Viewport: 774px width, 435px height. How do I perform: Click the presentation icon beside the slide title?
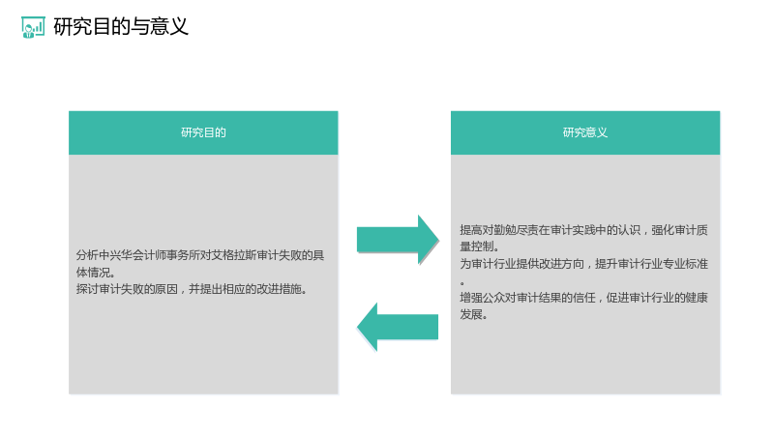pyautogui.click(x=33, y=27)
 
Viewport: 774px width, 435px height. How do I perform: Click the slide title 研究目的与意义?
pyautogui.click(x=121, y=27)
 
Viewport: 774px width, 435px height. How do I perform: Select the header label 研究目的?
pyautogui.click(x=203, y=132)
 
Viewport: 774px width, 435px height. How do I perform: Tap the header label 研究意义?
pyautogui.click(x=585, y=132)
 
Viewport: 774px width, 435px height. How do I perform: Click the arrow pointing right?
pyautogui.click(x=398, y=240)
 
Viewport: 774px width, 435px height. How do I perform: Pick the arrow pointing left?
pyautogui.click(x=398, y=327)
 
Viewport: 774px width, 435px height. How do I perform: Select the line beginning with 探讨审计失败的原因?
pyautogui.click(x=193, y=289)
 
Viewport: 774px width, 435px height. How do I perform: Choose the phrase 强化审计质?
pyautogui.click(x=679, y=230)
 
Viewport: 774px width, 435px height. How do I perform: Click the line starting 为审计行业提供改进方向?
pyautogui.click(x=584, y=264)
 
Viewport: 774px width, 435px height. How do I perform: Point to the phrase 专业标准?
pyautogui.click(x=685, y=264)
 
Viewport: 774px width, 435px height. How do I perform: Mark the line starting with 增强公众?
pyautogui.click(x=584, y=298)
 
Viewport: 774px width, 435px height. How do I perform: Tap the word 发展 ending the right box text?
pyautogui.click(x=471, y=314)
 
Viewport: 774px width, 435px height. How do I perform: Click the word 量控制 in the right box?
pyautogui.click(x=477, y=246)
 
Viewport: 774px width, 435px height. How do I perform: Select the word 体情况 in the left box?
pyautogui.click(x=93, y=273)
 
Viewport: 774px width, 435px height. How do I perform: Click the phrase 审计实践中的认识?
pyautogui.click(x=595, y=230)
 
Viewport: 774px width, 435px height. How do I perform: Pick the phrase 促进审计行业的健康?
pyautogui.click(x=657, y=298)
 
